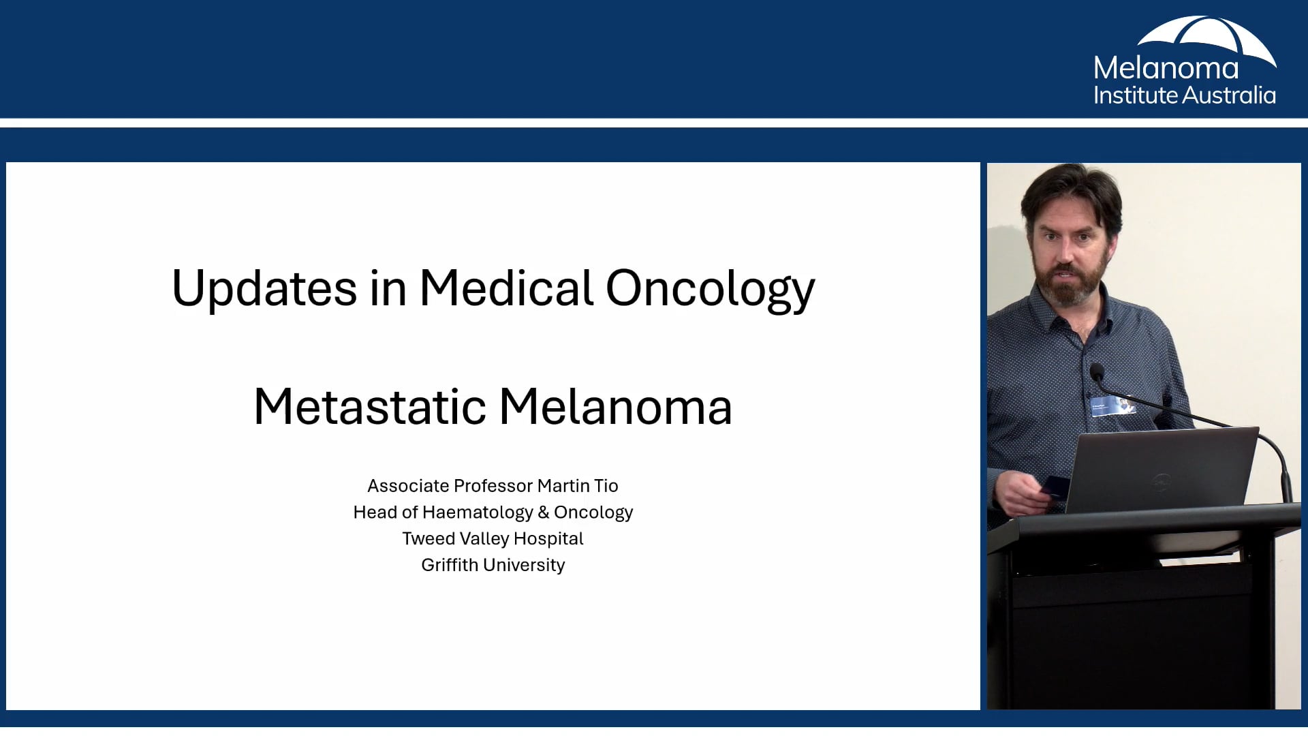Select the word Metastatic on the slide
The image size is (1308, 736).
point(369,408)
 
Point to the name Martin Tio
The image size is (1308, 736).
point(577,486)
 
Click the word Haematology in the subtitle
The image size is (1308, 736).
point(477,512)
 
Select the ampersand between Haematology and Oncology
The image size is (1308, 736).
point(543,512)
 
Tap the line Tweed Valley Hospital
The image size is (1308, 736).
point(493,539)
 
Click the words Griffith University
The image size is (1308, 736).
point(493,566)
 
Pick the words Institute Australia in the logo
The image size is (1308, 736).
point(1184,95)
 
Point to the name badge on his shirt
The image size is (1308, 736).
point(1112,405)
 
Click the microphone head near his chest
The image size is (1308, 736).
point(1096,371)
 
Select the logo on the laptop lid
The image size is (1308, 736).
point(1160,482)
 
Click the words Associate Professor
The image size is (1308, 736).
point(450,486)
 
